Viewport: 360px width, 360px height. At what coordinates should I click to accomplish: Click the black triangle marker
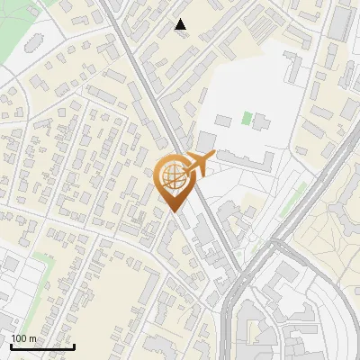tap(181, 24)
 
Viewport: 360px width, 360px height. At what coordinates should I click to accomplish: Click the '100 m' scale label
tap(23, 338)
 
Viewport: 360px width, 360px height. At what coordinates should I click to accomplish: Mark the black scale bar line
tap(42, 346)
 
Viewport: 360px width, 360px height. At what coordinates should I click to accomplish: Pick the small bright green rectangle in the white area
tap(247, 118)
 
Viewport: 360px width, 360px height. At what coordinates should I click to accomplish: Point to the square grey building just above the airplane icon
tap(205, 141)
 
